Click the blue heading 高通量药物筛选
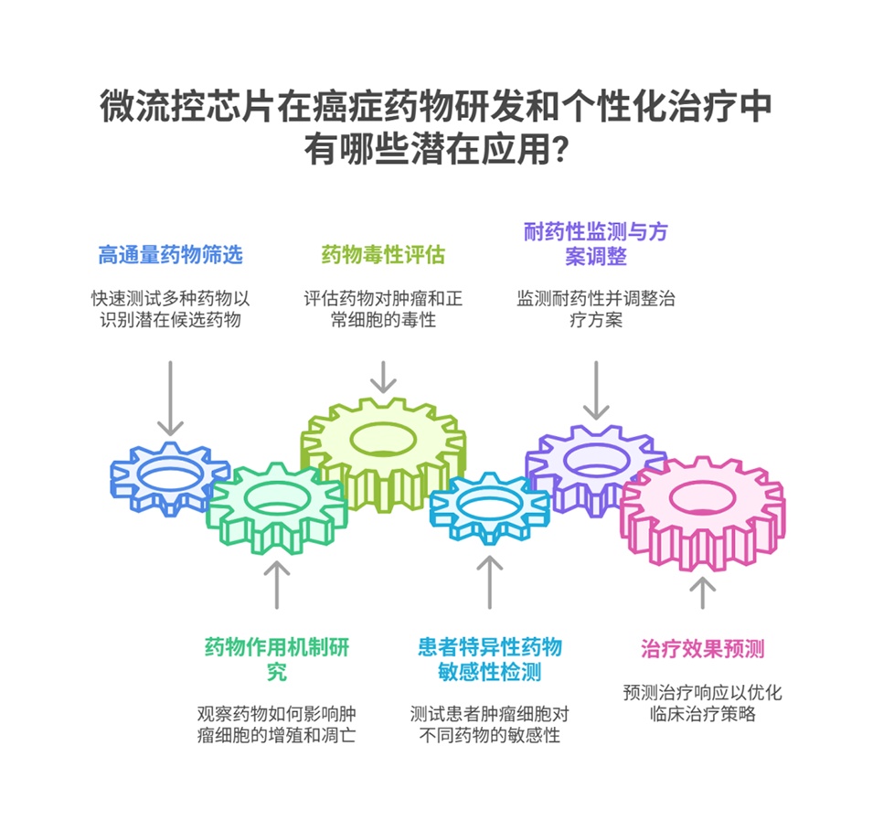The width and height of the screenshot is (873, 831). pos(170,256)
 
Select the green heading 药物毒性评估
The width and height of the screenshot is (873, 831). pos(383,256)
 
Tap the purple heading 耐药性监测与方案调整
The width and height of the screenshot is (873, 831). pos(595,244)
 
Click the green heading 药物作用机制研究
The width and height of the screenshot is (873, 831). pos(276,660)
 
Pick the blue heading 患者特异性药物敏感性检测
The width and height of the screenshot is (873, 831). pos(489,660)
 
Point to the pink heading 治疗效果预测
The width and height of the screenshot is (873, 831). pos(702,650)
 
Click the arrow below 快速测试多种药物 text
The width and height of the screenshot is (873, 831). pos(170,399)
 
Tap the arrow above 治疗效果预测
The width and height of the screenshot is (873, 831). pos(702,591)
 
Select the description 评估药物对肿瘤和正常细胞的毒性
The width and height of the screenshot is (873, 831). pos(383,309)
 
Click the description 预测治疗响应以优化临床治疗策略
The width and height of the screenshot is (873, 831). pos(702,703)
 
